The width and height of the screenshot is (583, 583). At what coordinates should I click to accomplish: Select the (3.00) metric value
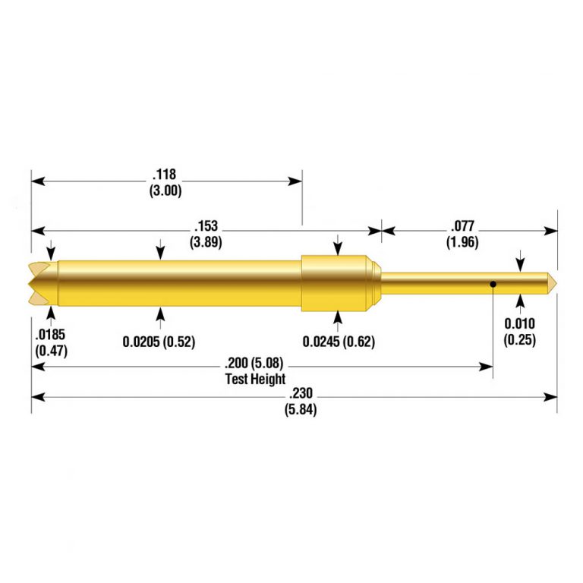tap(165, 191)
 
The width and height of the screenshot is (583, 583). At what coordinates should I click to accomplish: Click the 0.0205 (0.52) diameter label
tap(159, 342)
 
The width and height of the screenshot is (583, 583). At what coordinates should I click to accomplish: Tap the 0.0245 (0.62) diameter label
tap(339, 342)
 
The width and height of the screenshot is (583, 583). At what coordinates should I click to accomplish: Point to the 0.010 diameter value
tap(520, 324)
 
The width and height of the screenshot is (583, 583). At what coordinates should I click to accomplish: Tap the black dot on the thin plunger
tap(493, 285)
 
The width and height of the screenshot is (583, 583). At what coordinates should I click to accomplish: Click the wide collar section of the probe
tap(337, 284)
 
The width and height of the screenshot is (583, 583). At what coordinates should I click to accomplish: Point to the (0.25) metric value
tap(520, 340)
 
